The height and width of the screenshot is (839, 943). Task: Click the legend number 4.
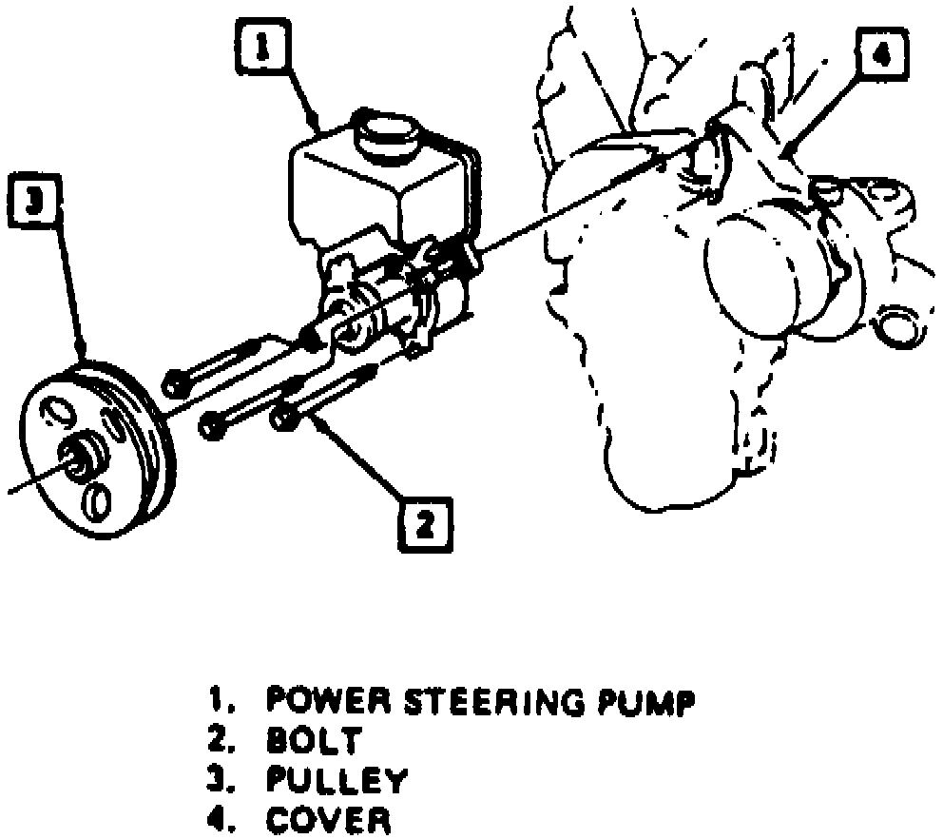pyautogui.click(x=220, y=819)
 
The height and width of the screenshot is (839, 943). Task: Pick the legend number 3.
pyautogui.click(x=220, y=779)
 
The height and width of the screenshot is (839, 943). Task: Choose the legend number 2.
pyautogui.click(x=220, y=739)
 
